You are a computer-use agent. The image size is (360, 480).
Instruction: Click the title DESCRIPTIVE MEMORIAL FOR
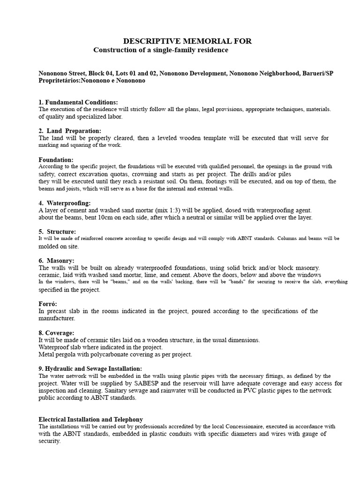(187, 41)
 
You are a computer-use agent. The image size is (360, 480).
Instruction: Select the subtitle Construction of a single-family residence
(161, 50)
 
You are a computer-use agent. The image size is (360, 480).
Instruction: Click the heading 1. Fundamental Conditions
(78, 102)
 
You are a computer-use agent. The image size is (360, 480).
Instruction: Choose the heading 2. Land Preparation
(70, 131)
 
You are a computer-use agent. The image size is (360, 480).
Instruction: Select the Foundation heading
(56, 159)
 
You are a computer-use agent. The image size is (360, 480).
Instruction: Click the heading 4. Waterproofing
(65, 203)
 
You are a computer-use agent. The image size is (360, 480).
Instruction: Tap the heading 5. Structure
(57, 232)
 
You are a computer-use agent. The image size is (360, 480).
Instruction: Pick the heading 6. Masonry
(56, 260)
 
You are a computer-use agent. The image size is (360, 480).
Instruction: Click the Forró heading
(48, 304)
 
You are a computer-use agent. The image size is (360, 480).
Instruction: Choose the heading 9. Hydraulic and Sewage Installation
(90, 369)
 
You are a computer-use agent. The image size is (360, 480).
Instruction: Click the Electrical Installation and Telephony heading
(90, 419)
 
